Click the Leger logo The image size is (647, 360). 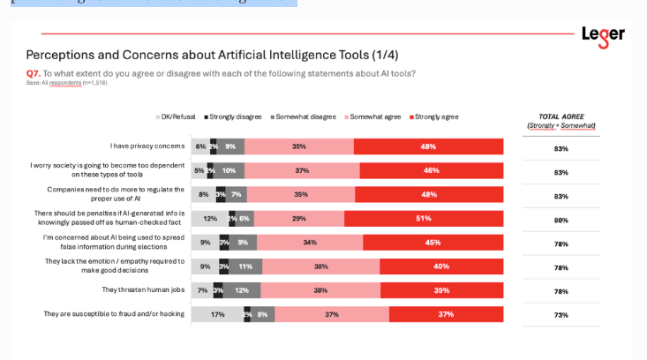(603, 36)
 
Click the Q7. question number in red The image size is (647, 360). (34, 73)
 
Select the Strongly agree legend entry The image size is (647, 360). (434, 116)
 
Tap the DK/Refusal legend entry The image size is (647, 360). (176, 116)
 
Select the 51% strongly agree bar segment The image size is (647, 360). (424, 218)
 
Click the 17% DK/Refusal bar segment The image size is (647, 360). (217, 314)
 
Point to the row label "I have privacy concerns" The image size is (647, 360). (147, 146)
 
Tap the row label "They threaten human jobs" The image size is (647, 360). (143, 289)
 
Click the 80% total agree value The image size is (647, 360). (560, 220)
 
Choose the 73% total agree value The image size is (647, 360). (560, 315)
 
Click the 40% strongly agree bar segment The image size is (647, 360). (441, 266)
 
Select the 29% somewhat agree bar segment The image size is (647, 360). (299, 218)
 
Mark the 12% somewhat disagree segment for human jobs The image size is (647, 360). (242, 289)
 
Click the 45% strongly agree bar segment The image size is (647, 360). (433, 242)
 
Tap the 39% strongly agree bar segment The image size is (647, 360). (441, 289)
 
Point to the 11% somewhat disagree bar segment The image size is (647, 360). (245, 266)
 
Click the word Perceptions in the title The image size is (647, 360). (61, 55)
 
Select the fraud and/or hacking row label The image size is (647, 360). (114, 313)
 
